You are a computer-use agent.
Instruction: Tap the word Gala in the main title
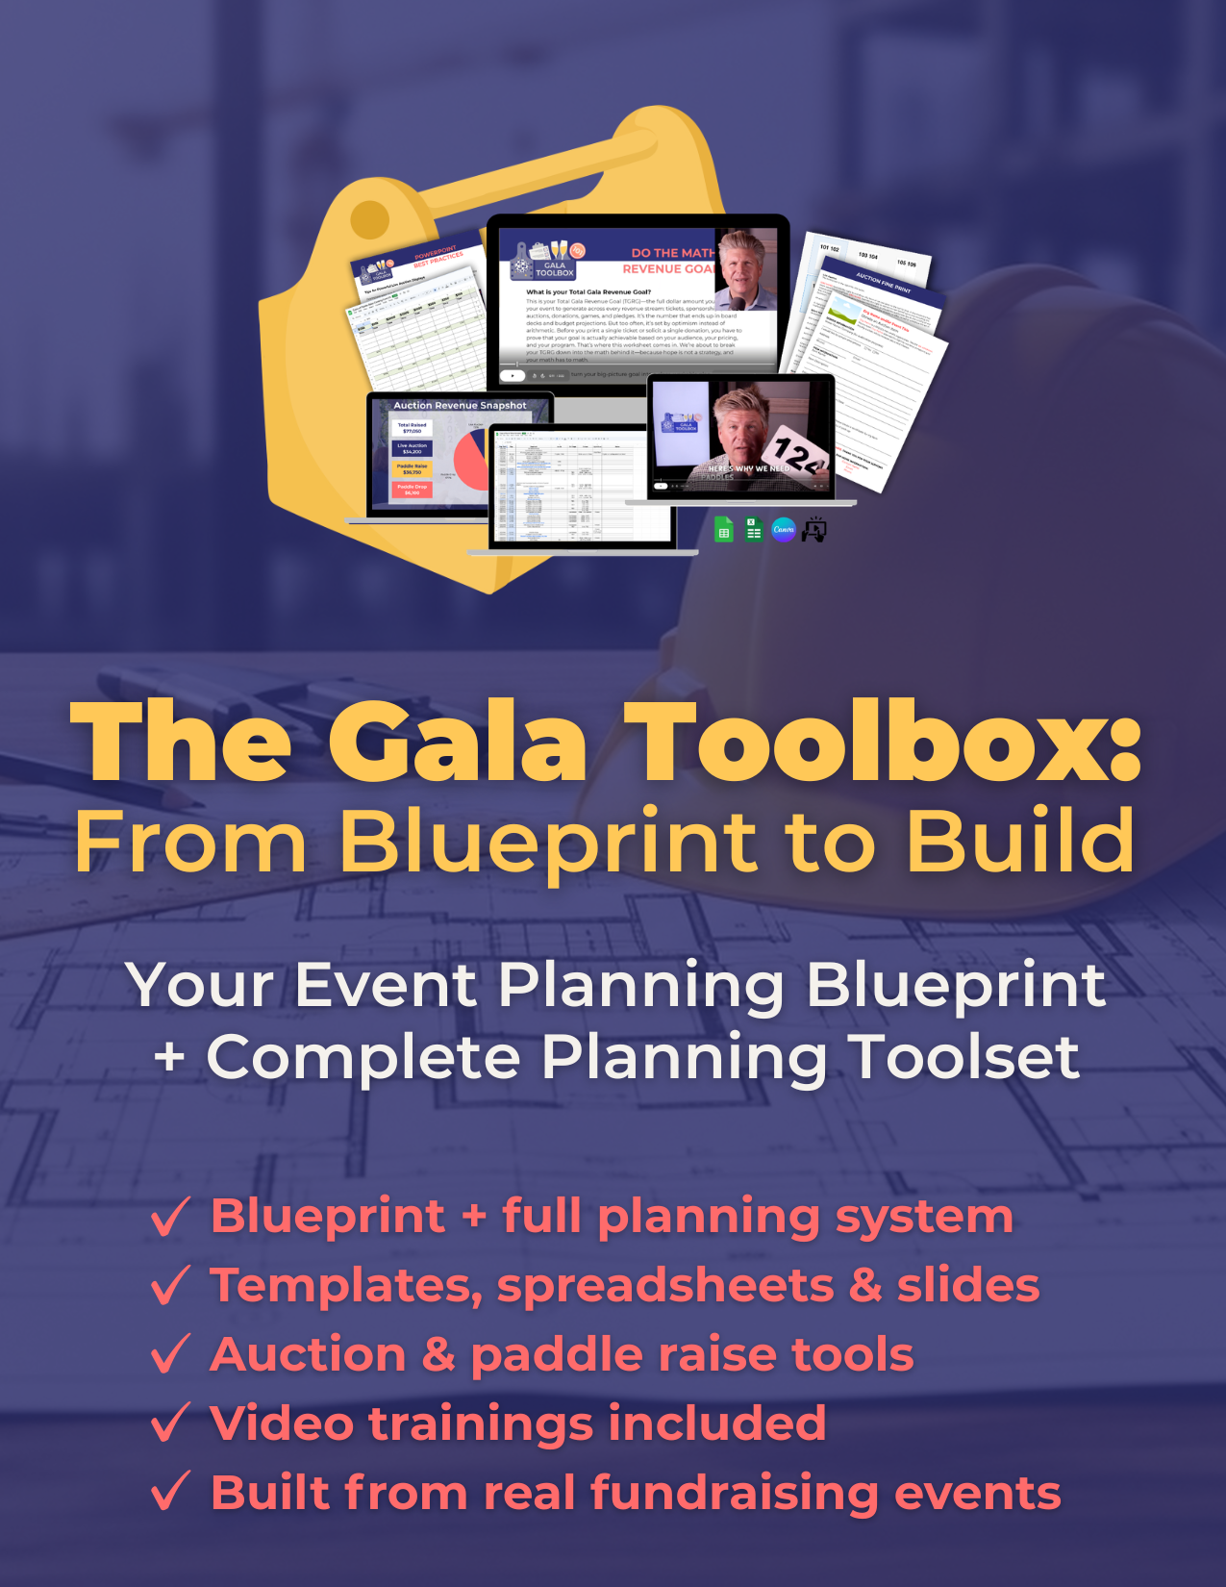[x=459, y=744]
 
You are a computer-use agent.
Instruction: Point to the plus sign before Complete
[x=170, y=1057]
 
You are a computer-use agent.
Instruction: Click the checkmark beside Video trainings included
[x=171, y=1423]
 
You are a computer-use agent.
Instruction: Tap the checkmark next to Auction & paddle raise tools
[x=171, y=1354]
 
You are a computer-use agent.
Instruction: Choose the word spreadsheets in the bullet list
[x=664, y=1286]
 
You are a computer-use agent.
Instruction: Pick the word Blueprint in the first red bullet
[x=328, y=1216]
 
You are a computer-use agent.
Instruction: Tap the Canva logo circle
[x=784, y=529]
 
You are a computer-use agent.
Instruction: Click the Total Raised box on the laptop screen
[x=412, y=428]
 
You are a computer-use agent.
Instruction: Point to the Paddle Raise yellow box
[x=412, y=468]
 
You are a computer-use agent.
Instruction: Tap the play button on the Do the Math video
[x=513, y=375]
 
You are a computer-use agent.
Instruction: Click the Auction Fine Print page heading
[x=883, y=281]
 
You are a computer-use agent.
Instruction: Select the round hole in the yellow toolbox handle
[x=369, y=220]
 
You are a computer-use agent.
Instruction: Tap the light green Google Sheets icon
[x=724, y=529]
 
